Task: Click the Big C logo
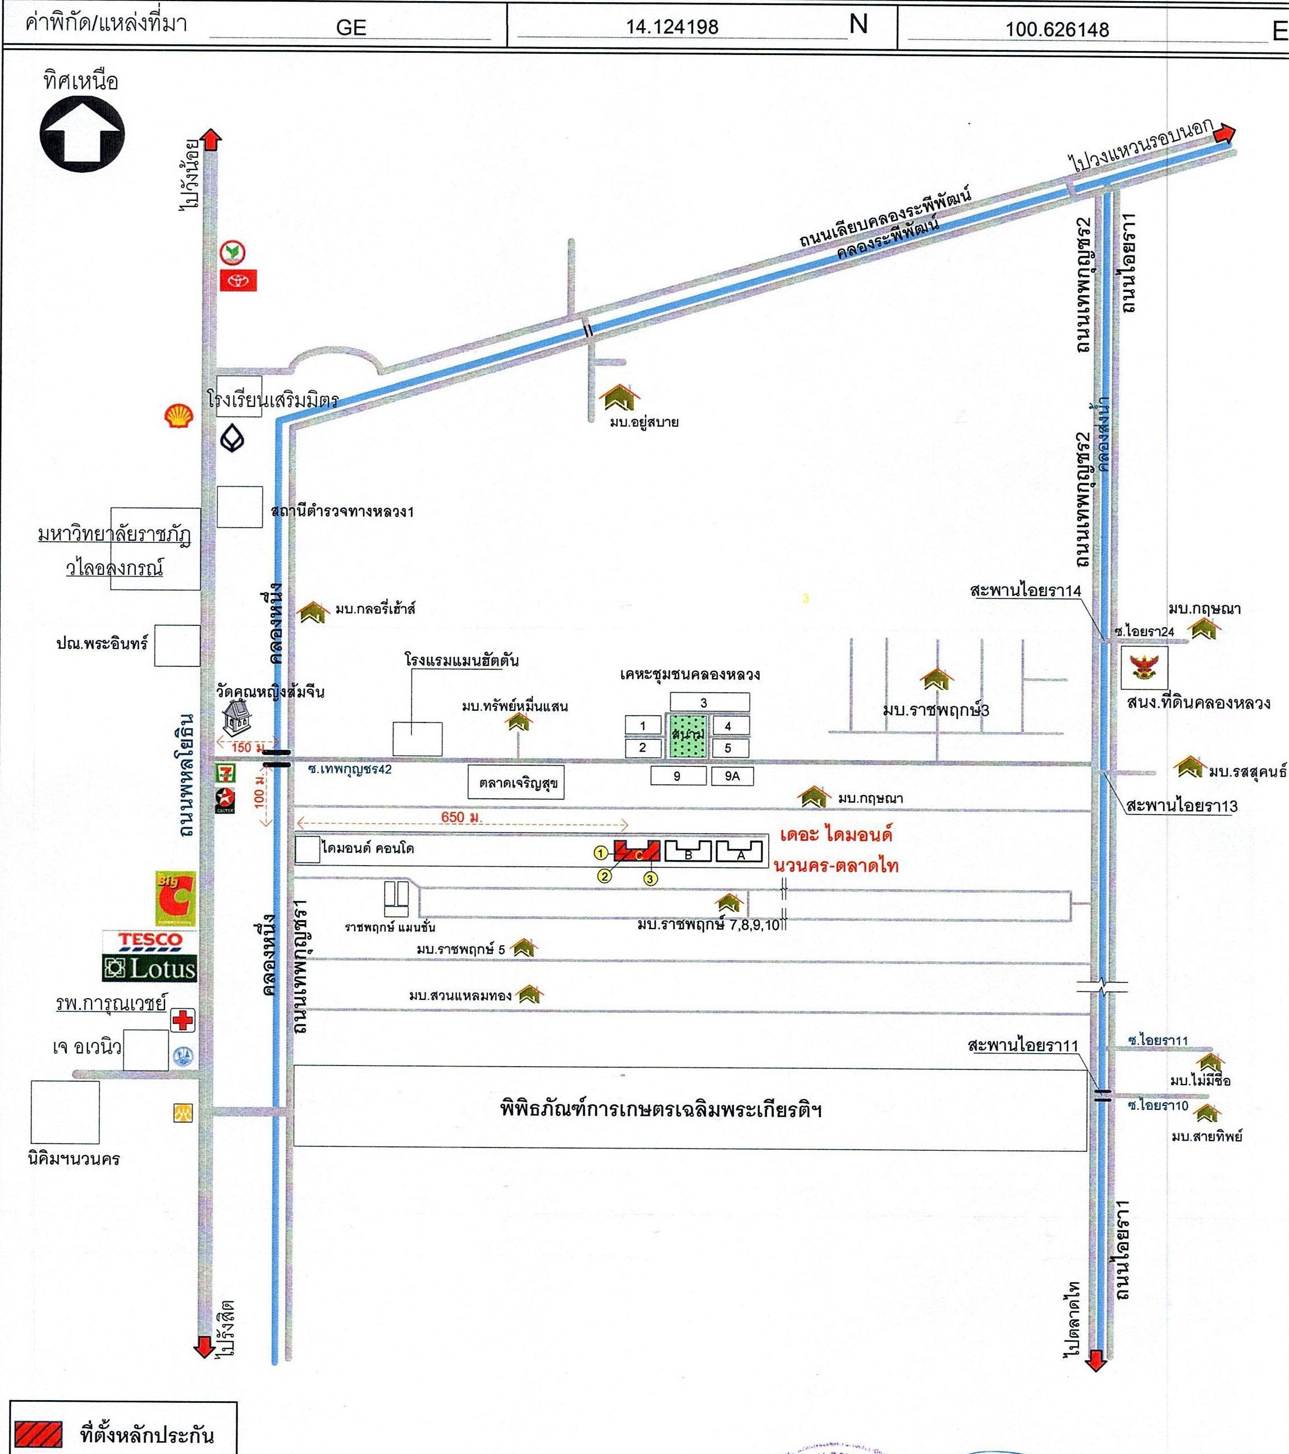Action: point(175,898)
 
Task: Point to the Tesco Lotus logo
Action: point(149,955)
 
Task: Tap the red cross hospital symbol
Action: point(183,1021)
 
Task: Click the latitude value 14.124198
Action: point(672,27)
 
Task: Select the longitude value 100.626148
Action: point(1057,30)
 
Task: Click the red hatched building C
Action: point(637,851)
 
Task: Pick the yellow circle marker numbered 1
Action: point(601,853)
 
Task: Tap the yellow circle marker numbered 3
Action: point(650,879)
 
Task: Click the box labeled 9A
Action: point(732,776)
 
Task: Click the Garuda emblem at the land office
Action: point(1144,667)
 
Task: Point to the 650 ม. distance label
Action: point(461,817)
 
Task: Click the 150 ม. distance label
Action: point(241,747)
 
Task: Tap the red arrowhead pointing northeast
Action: point(1225,134)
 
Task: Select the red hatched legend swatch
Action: point(39,1433)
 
